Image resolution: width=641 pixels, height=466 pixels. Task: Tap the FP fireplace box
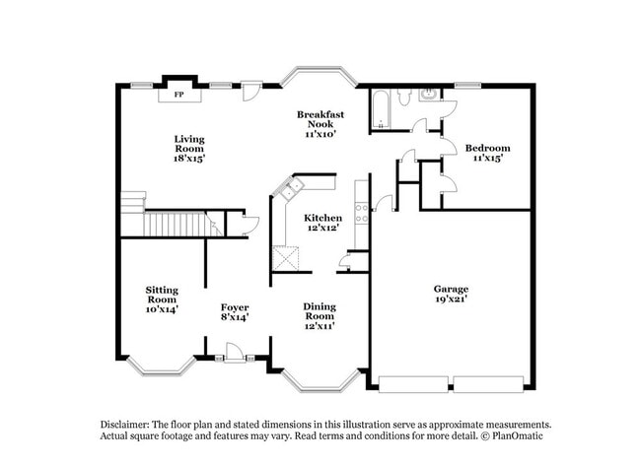click(x=179, y=95)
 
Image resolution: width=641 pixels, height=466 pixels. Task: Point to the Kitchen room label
click(x=322, y=218)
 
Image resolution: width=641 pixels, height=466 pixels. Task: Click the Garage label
click(x=452, y=289)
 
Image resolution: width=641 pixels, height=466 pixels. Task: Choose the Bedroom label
click(x=490, y=148)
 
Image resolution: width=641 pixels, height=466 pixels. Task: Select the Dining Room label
click(x=321, y=312)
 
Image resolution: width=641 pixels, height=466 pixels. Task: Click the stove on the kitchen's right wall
click(x=362, y=208)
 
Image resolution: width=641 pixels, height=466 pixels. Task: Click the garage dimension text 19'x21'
click(x=452, y=299)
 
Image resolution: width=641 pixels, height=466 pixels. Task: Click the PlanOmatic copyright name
click(x=516, y=435)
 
